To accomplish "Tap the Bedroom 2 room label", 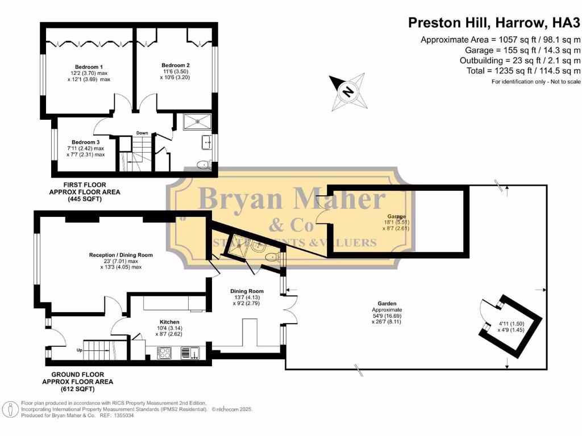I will click(176, 65).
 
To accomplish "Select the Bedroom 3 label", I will click(85, 142).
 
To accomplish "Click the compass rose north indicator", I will click(348, 90).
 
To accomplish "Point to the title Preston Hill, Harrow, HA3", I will click(494, 23).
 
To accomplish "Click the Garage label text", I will click(396, 216).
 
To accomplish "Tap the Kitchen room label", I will click(169, 321).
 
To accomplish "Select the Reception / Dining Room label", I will click(120, 255).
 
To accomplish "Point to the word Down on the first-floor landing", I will click(142, 133).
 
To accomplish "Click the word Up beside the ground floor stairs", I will click(80, 350).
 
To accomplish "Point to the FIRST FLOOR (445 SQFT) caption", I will click(85, 192).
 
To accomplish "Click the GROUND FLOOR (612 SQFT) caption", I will click(85, 382).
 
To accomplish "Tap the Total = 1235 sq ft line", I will click(516, 71).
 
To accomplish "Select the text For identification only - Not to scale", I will click(536, 82).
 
